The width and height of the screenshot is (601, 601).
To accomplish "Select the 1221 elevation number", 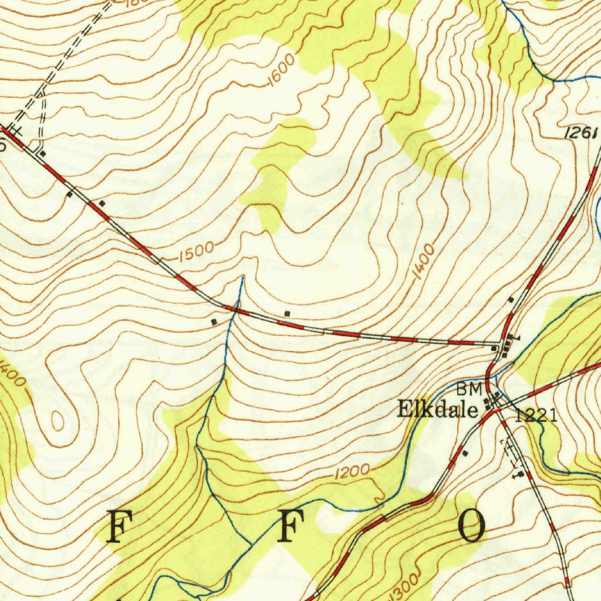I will click(x=536, y=416).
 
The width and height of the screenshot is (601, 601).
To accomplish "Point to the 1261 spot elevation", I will click(x=582, y=134).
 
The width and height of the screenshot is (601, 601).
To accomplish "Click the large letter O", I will click(x=472, y=526).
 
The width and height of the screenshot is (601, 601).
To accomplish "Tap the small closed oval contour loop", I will click(x=57, y=420).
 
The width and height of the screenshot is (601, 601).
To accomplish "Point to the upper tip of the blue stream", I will click(x=242, y=276).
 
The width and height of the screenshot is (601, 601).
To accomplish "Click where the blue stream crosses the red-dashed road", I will click(x=234, y=310).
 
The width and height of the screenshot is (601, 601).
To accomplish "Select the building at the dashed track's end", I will click(x=43, y=153).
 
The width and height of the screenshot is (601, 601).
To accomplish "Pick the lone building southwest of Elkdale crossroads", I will click(x=465, y=453).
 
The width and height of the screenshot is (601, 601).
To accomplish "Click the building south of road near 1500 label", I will click(x=214, y=322).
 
